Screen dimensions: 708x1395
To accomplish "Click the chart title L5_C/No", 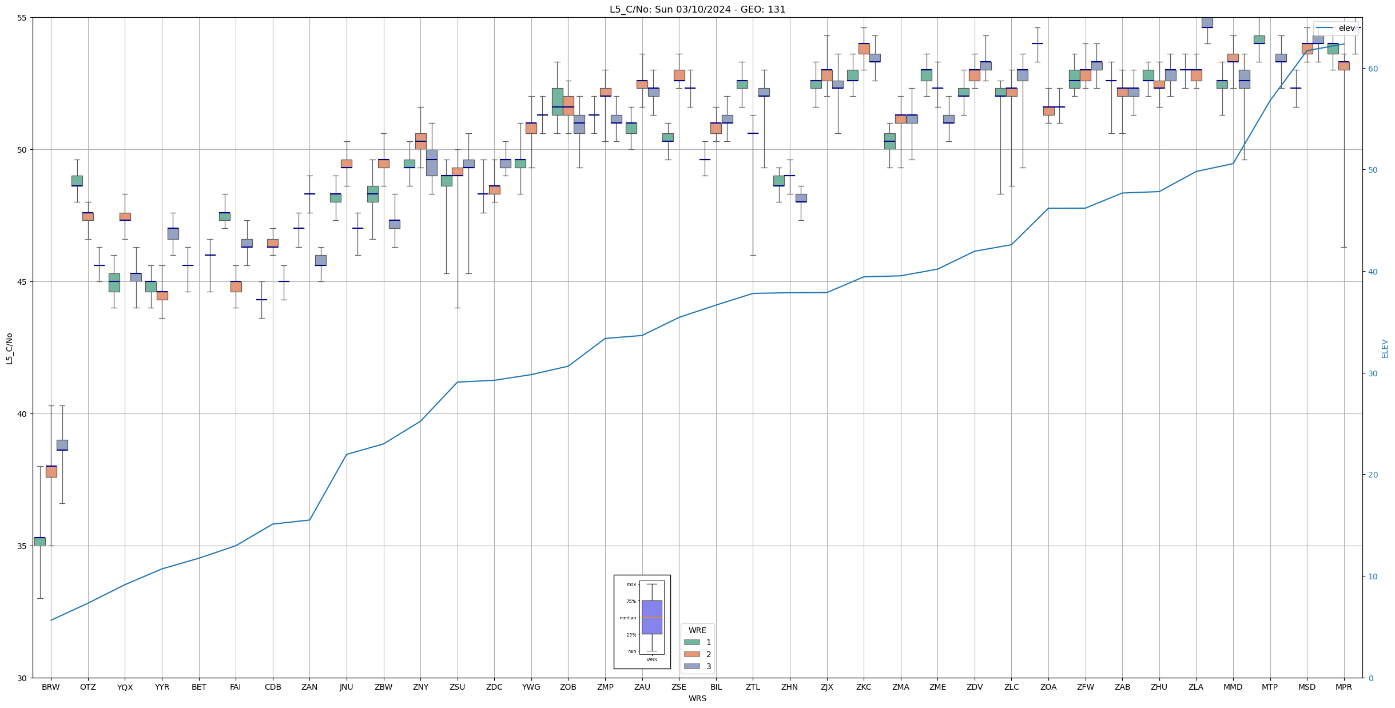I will coord(697,9).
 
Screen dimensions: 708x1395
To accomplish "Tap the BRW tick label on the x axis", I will coord(51,687).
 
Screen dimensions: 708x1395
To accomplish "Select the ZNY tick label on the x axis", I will coord(420,687).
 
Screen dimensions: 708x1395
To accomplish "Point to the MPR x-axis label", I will coord(1344,687).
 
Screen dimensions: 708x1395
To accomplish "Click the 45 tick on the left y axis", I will coord(22,282).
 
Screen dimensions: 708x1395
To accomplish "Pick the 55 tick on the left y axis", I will coord(22,18).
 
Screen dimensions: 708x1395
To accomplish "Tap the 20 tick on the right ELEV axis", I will coord(1372,475).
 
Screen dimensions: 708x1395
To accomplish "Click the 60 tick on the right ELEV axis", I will coord(1372,69).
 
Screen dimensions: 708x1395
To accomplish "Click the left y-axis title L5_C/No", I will coord(9,348).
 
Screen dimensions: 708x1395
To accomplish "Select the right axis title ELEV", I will coord(1385,348).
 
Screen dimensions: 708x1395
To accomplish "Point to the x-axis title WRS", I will coord(697,698).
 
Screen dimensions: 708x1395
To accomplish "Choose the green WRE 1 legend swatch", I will coord(691,642).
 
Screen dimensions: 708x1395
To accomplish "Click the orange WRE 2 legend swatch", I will coord(691,654).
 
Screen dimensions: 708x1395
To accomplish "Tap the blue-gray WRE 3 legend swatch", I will coord(691,666).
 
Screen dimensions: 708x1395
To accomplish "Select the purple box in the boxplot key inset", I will coord(651,617).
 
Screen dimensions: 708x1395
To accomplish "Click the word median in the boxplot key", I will coord(627,618).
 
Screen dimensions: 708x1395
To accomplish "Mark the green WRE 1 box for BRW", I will coord(40,541).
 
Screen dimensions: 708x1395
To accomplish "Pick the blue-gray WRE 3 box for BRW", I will coord(62,445).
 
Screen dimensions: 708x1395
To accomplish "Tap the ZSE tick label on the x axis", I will coord(679,687).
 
